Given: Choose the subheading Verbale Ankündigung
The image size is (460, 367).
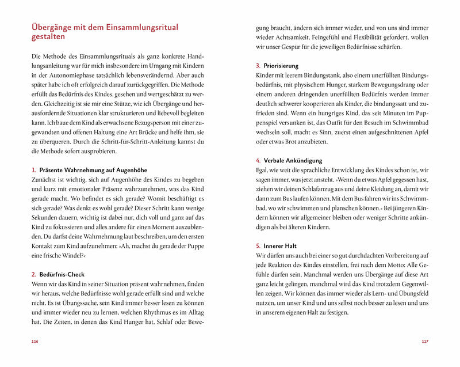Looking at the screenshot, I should tap(293, 160).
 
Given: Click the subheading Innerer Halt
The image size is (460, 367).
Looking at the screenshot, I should tap(280, 245).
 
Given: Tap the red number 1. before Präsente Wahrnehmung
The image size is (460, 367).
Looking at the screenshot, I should tap(34, 170).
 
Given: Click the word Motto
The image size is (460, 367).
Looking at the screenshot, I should tap(377, 264).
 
